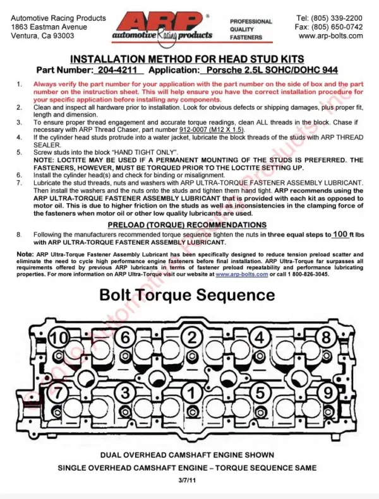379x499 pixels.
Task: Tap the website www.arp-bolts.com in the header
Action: tap(330, 36)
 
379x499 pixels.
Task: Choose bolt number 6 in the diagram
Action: tap(125, 336)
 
